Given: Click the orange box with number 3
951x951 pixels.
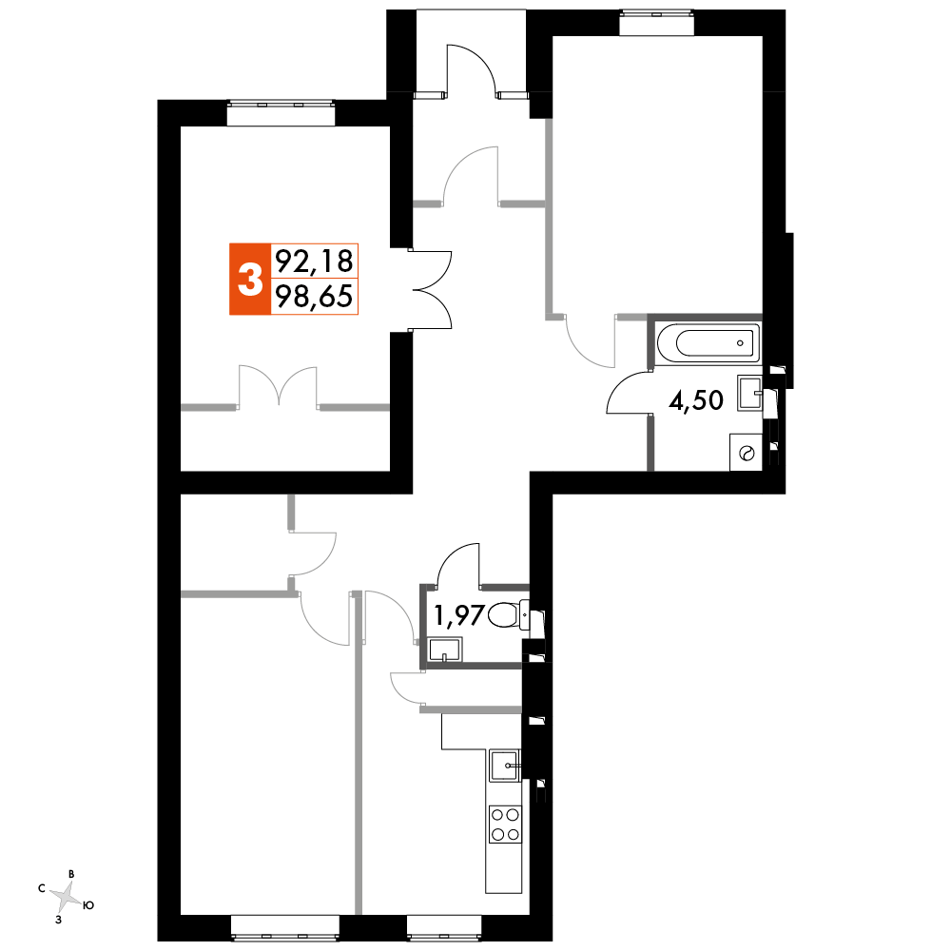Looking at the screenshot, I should (x=249, y=279).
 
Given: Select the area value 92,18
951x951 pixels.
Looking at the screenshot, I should (x=313, y=260).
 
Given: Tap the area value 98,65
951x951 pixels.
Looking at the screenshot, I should (x=313, y=299).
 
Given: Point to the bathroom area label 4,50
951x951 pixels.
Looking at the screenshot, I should (x=696, y=400).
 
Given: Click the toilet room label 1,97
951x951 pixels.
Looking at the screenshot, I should (x=459, y=616).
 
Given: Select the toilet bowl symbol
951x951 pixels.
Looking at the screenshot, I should (x=508, y=616).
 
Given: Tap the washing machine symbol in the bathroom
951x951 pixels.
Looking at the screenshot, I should (x=746, y=452).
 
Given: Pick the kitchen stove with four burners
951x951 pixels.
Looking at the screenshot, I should (x=504, y=824).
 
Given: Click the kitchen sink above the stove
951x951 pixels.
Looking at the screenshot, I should (x=504, y=764).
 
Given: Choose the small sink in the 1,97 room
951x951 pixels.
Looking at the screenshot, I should (x=444, y=650).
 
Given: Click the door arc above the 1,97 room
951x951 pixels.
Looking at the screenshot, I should (x=459, y=565).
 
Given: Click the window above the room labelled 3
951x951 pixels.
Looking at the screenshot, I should (x=281, y=114).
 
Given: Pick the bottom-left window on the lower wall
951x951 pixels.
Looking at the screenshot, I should (x=284, y=926).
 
